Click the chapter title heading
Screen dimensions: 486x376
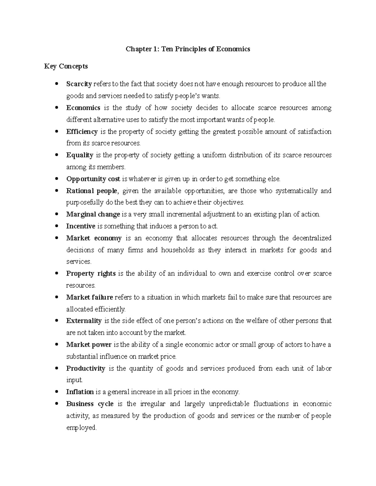[x=188, y=49]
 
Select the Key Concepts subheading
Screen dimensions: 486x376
[x=66, y=66]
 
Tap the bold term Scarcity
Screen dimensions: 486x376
[x=79, y=84]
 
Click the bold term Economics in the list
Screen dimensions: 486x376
[x=83, y=108]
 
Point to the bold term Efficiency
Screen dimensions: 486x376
[x=82, y=132]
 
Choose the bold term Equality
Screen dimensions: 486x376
[x=80, y=155]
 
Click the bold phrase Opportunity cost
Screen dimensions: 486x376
[x=93, y=179]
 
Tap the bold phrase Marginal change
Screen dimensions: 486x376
[x=93, y=214]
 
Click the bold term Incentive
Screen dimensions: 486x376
[x=81, y=226]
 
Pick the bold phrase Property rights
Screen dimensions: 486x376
[x=91, y=274]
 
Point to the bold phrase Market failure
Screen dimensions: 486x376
[x=90, y=297]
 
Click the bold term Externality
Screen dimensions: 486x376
[x=84, y=321]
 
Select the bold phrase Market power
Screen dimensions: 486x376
[x=89, y=345]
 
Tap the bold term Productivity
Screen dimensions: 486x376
[x=86, y=369]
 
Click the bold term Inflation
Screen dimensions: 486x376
[x=80, y=392]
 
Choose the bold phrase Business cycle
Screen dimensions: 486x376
[x=90, y=404]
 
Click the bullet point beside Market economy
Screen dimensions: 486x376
[x=57, y=238]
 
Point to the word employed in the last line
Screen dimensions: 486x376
[x=81, y=428]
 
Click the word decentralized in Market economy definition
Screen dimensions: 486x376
[x=312, y=238]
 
